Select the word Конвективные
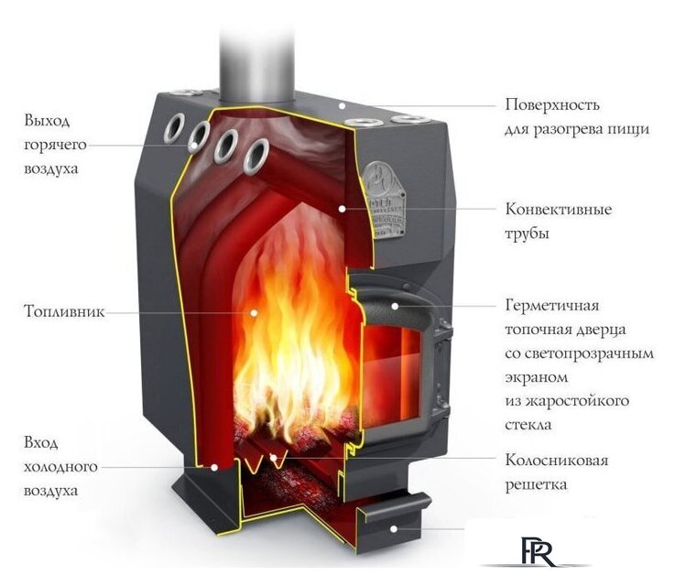tap(559, 210)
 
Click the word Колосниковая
tap(556, 460)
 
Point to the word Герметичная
tap(550, 305)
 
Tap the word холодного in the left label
tap(61, 467)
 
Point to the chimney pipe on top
tap(256, 50)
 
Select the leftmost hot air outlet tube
tap(174, 129)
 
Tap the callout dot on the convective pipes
tap(341, 209)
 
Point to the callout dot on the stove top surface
tap(341, 105)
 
